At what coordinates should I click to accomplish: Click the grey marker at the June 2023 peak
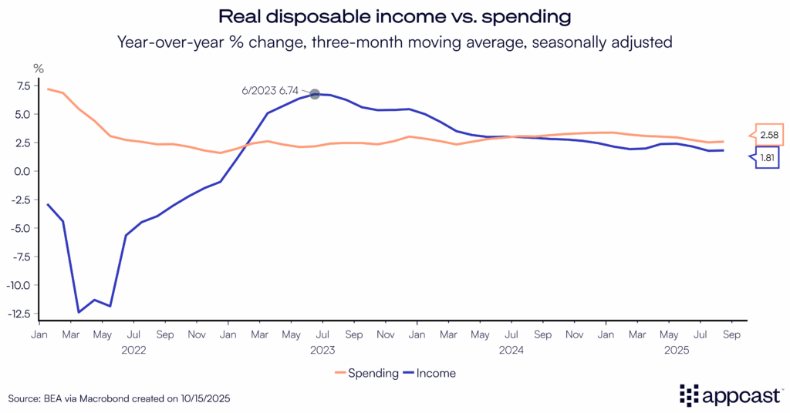click(x=315, y=94)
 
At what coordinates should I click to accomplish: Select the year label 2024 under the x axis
click(x=511, y=350)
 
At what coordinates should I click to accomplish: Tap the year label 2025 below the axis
click(x=700, y=350)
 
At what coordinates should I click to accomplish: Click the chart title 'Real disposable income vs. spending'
click(x=394, y=16)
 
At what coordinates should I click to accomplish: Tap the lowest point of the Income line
click(x=79, y=312)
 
